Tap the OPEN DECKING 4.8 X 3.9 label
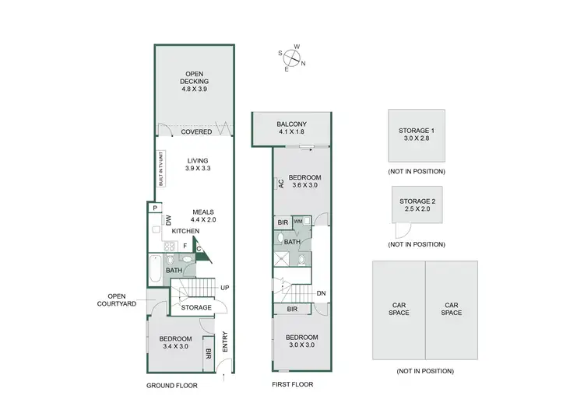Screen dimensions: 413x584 [x=195, y=83]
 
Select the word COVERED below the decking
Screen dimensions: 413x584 [x=196, y=132]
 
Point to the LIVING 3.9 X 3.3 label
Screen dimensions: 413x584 [x=199, y=165]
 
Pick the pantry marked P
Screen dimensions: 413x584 [x=156, y=208]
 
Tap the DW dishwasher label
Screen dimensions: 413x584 [x=167, y=220]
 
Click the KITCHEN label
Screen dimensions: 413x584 [x=185, y=231]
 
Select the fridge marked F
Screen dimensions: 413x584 [x=185, y=245]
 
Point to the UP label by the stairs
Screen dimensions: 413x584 [x=224, y=288]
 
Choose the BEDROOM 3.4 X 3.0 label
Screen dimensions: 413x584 [x=176, y=343]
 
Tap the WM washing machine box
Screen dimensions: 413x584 [x=298, y=222]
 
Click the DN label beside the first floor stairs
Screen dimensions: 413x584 [x=321, y=293]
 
